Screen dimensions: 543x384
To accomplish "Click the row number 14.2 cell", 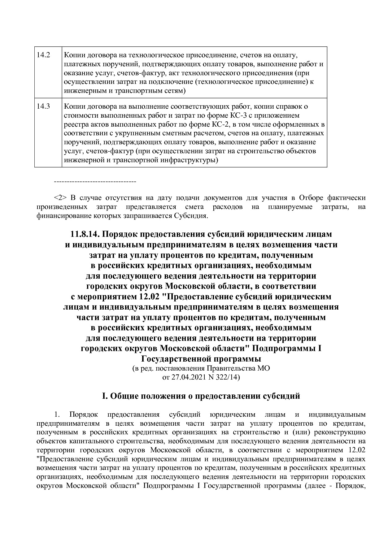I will coord(43,55).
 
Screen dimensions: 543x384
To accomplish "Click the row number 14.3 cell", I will coord(43,106).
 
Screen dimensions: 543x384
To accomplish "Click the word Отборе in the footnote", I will coord(311,198).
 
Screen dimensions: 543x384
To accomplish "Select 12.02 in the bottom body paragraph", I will coord(357,450).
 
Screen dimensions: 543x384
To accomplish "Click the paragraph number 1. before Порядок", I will coord(56,414).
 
